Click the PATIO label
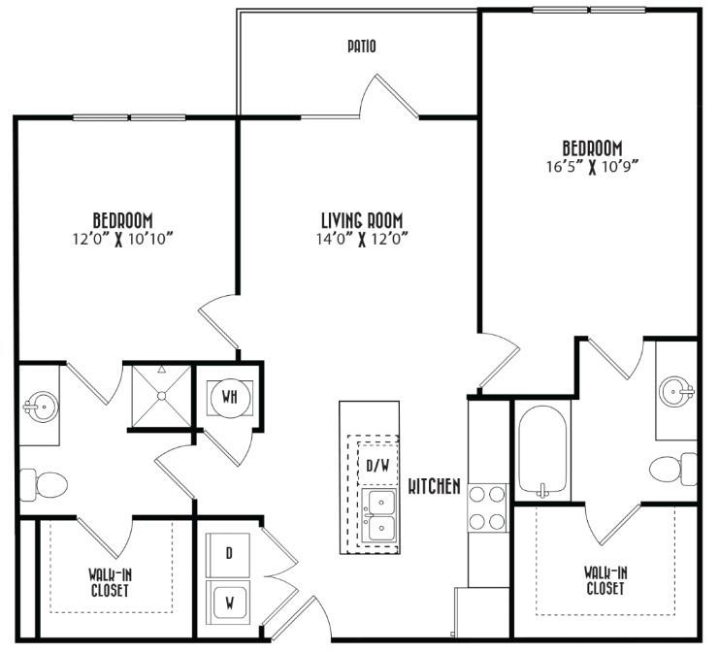[x=362, y=47]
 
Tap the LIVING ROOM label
[x=362, y=220]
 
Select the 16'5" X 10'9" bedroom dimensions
[x=593, y=167]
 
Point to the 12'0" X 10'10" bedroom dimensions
[x=123, y=239]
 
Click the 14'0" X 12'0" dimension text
[x=362, y=239]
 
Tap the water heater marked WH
[x=230, y=398]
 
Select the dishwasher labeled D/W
[x=377, y=466]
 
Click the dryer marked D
[x=228, y=554]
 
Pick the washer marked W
[x=228, y=603]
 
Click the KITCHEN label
[x=435, y=486]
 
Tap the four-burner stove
[x=487, y=507]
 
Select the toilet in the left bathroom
[x=44, y=484]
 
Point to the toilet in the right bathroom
[x=673, y=469]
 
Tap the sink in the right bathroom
[x=676, y=392]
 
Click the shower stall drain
[x=161, y=396]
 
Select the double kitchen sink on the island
[x=378, y=515]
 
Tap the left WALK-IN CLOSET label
[x=110, y=582]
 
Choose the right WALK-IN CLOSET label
[x=605, y=580]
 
